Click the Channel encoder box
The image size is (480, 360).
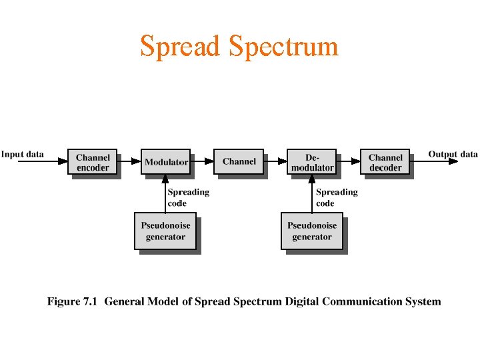(92, 162)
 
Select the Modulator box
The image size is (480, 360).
(165, 161)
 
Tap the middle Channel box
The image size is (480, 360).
(239, 161)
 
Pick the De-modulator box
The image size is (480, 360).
(311, 162)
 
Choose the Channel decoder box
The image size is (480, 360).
(385, 162)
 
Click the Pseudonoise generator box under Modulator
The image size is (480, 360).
(165, 231)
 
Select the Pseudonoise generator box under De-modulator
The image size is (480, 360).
(311, 231)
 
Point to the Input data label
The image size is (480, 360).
(23, 154)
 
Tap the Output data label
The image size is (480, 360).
(453, 154)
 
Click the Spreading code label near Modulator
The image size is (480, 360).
(188, 197)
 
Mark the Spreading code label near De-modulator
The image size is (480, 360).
(336, 197)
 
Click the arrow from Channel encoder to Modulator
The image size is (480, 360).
(129, 161)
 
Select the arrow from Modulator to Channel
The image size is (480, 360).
(202, 161)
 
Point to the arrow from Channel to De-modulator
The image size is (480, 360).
(275, 161)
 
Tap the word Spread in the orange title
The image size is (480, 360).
(179, 47)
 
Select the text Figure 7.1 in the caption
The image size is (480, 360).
(72, 301)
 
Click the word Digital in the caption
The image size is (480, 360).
(303, 301)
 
